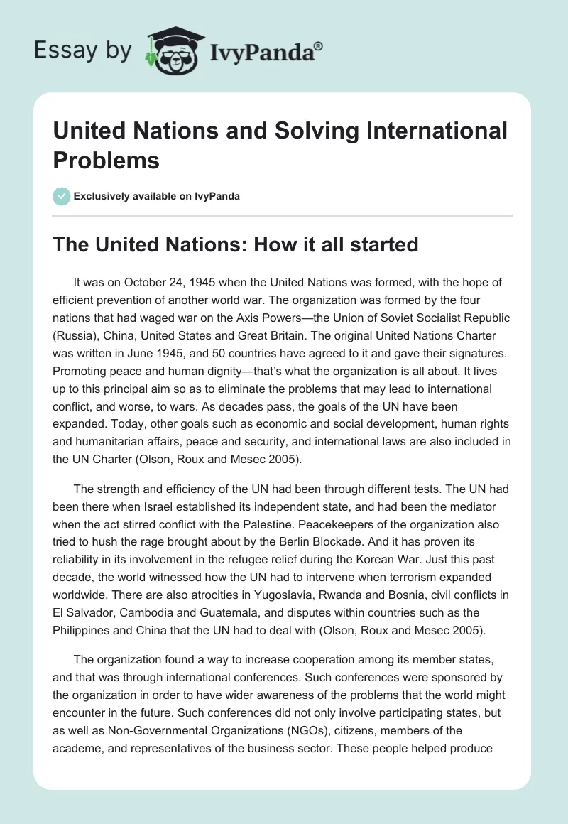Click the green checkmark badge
[62, 196]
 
